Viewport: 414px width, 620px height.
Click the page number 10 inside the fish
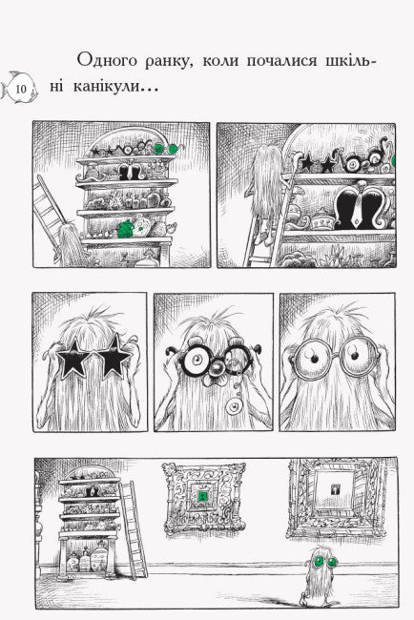[21, 89]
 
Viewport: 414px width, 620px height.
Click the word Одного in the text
[107, 61]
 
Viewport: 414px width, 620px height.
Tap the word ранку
[169, 62]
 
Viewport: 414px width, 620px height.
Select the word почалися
[281, 61]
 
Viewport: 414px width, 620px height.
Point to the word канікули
[107, 86]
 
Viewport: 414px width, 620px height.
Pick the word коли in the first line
[219, 61]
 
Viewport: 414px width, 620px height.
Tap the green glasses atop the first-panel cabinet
[166, 148]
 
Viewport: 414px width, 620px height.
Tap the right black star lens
[114, 356]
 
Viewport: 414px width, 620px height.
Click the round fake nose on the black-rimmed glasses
[217, 369]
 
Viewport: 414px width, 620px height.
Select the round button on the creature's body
[234, 406]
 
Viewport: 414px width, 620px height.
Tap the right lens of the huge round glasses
[358, 357]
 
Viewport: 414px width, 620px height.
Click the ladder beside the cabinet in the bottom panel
[133, 529]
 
